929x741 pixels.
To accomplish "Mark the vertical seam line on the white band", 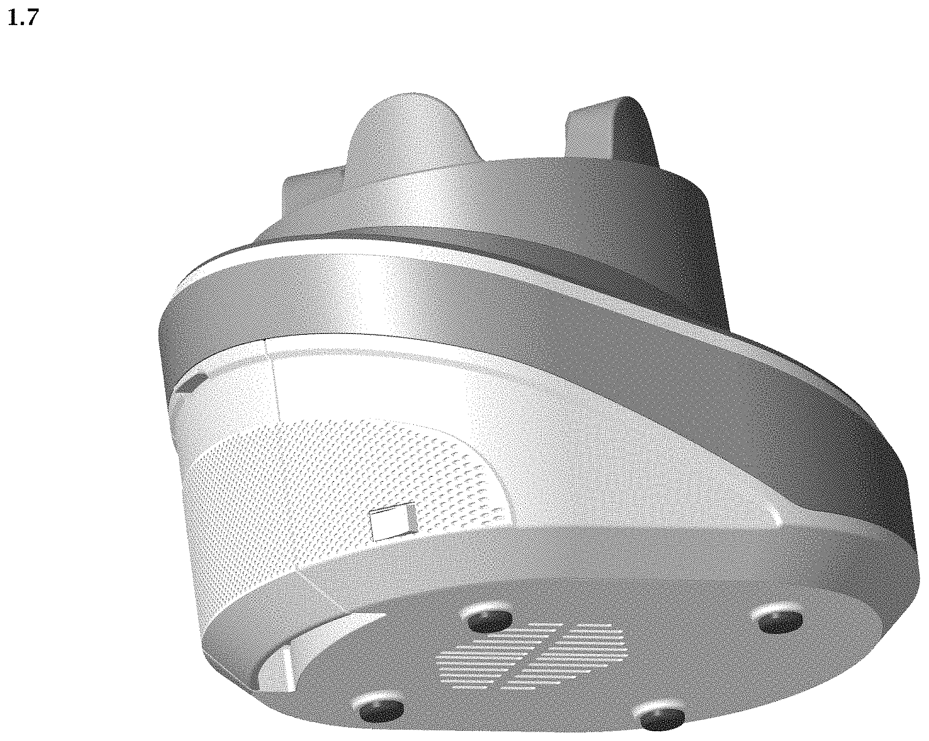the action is point(272,379).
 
